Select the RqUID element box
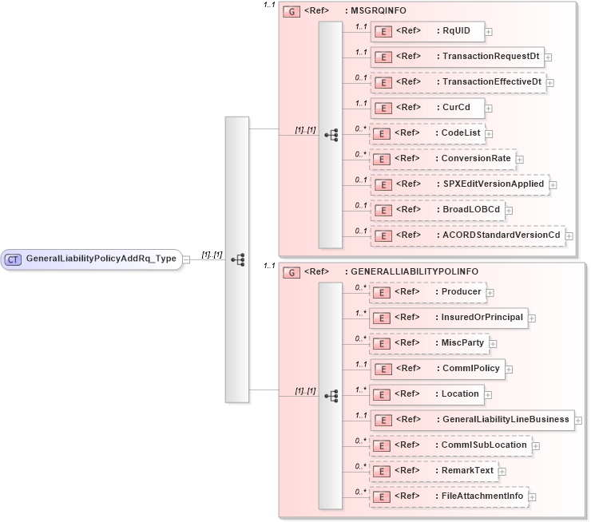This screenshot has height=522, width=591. click(x=426, y=31)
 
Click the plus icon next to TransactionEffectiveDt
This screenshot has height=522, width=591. click(x=550, y=82)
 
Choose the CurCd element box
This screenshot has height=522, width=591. click(x=426, y=107)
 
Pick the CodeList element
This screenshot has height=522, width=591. click(x=426, y=132)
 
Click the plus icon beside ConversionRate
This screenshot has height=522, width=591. click(x=520, y=159)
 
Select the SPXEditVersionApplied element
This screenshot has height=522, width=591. click(x=458, y=184)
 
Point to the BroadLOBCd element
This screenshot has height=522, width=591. click(x=436, y=209)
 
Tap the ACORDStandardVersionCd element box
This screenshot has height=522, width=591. click(x=468, y=235)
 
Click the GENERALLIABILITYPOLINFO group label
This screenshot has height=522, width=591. click(x=404, y=271)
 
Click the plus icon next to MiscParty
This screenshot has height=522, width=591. click(x=494, y=343)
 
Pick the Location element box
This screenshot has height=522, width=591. click(x=426, y=393)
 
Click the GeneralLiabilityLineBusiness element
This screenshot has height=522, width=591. click(x=471, y=419)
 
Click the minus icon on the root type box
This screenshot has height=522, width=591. click(x=186, y=259)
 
